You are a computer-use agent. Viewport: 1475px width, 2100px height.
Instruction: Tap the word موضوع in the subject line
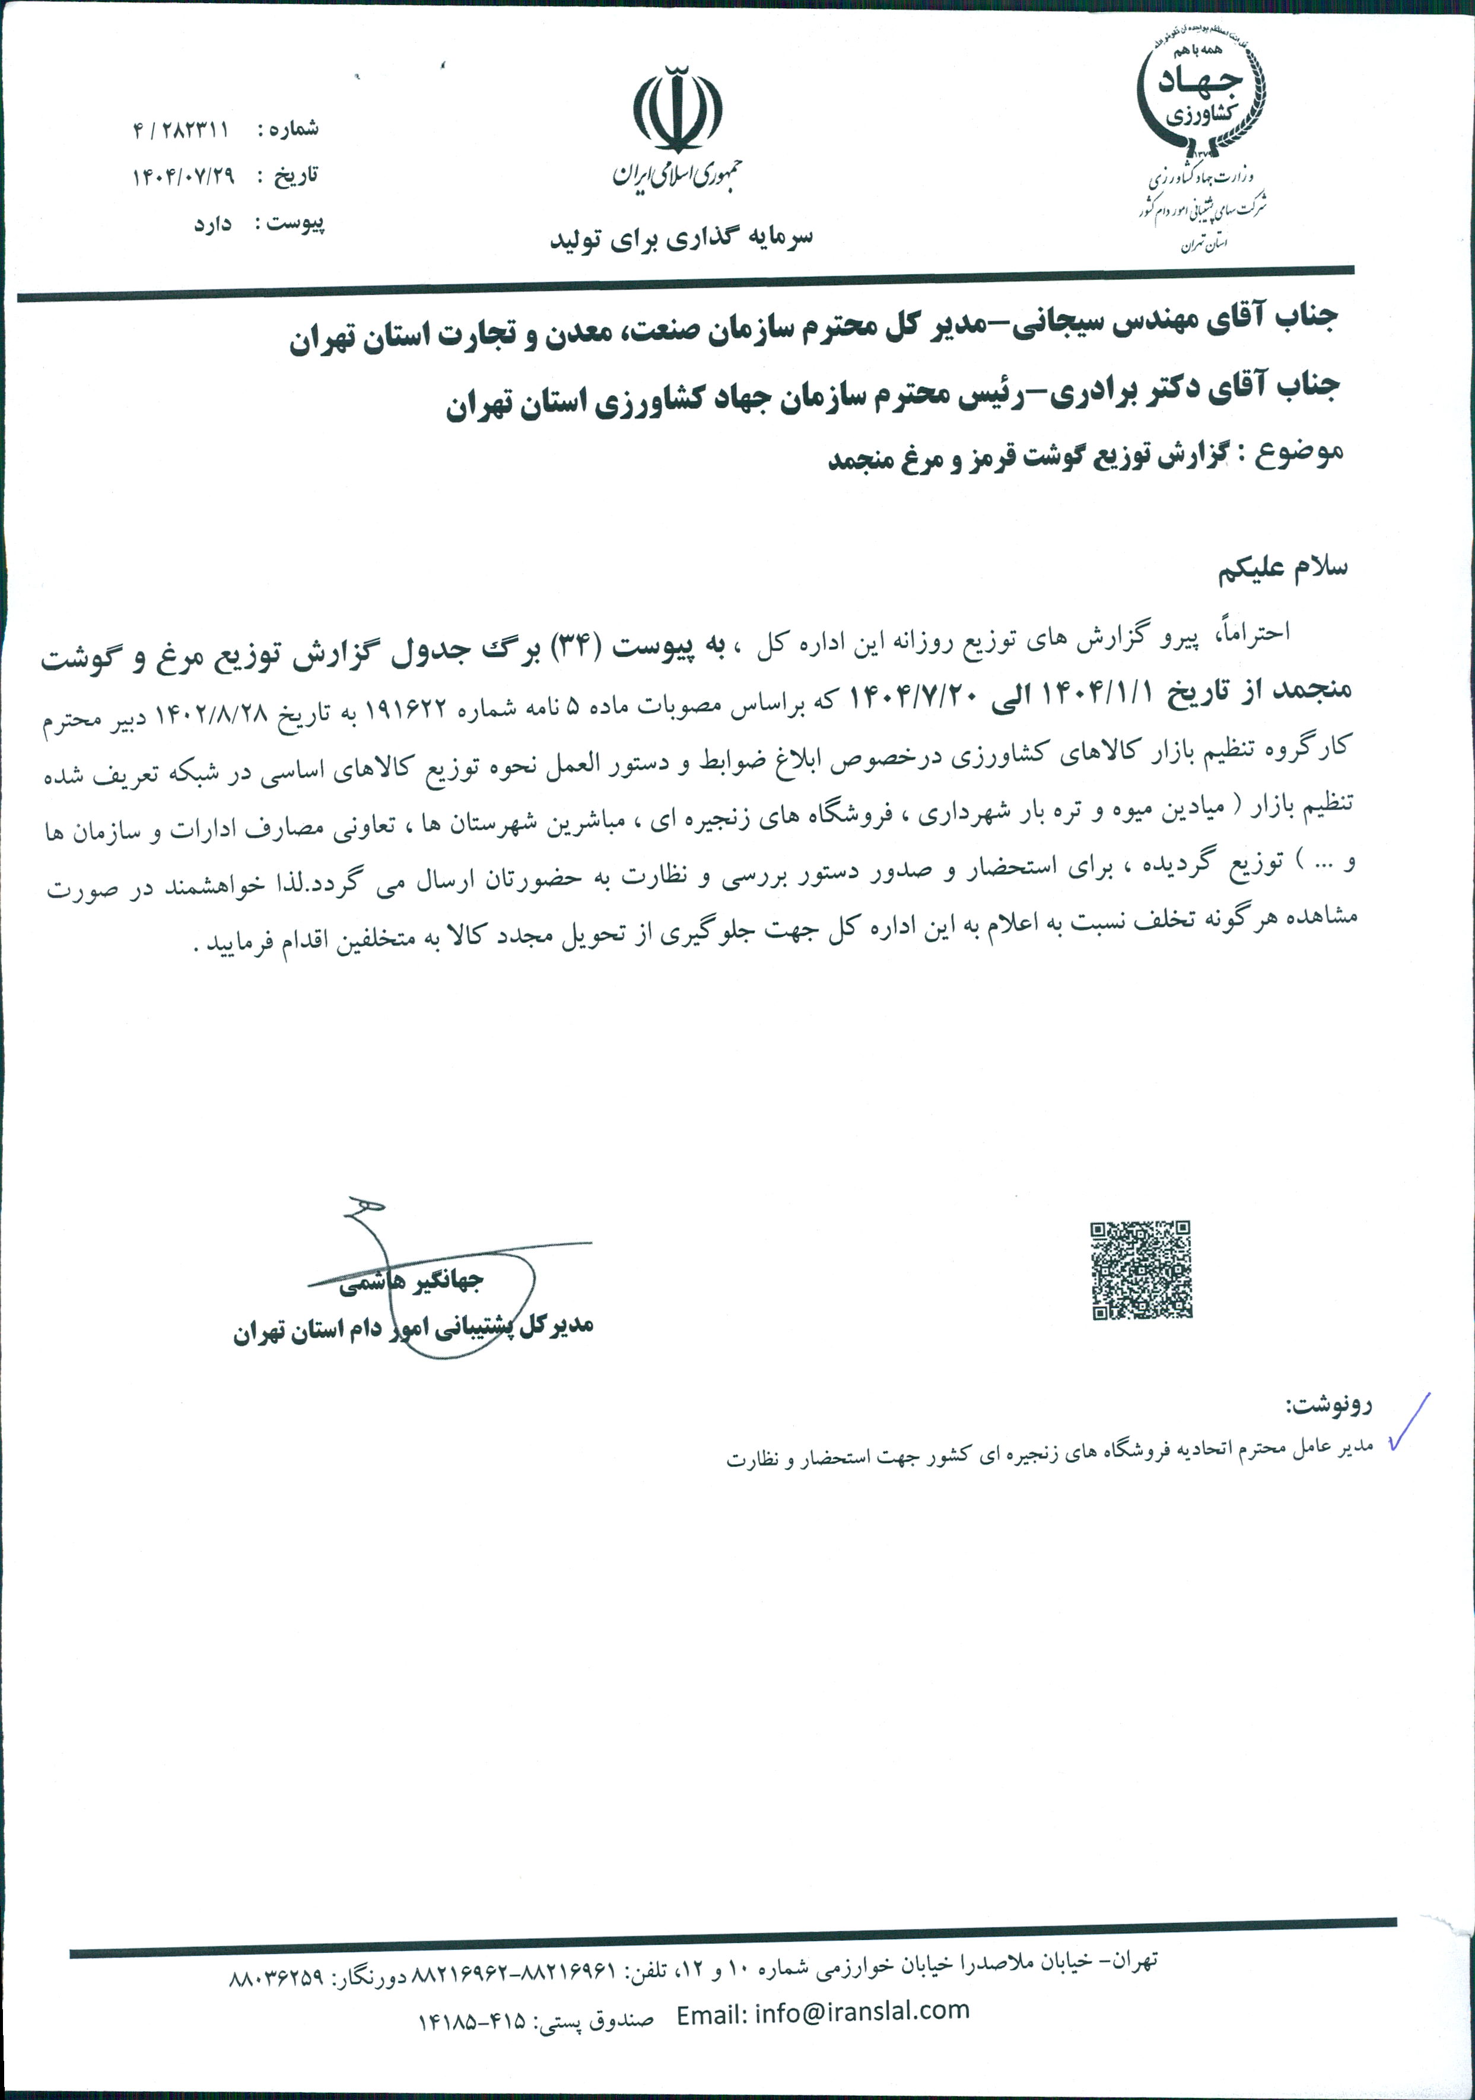pos(1299,454)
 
